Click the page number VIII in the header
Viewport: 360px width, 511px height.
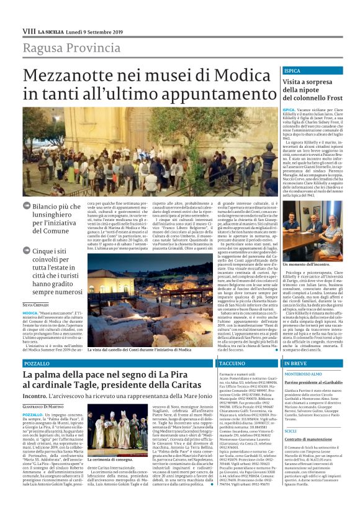click(x=29, y=30)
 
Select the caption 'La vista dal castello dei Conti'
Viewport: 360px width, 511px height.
click(x=137, y=350)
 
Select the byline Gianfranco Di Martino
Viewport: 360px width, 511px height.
click(x=47, y=406)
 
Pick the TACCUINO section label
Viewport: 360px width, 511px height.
click(x=233, y=362)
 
